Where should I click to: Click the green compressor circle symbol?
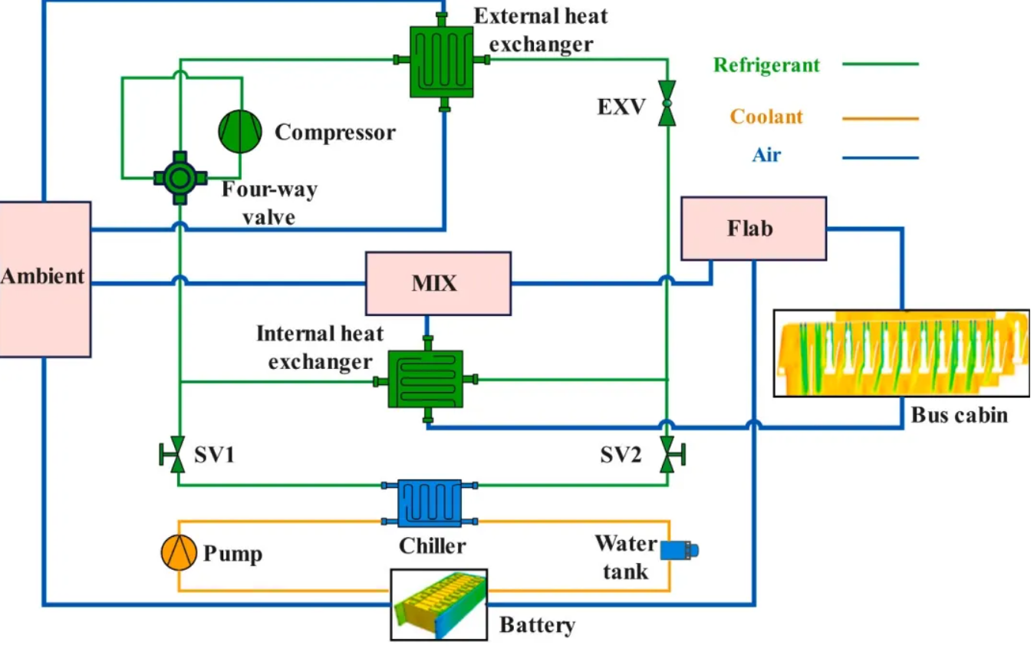pyautogui.click(x=240, y=131)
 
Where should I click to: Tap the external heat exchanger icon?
pyautogui.click(x=441, y=61)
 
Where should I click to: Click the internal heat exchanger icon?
pyautogui.click(x=426, y=380)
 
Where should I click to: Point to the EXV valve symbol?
pyautogui.click(x=667, y=104)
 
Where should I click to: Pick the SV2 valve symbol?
pyautogui.click(x=668, y=456)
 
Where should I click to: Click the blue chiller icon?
pyautogui.click(x=430, y=503)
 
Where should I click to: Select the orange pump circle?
pyautogui.click(x=179, y=552)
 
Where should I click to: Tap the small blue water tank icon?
pyautogui.click(x=679, y=549)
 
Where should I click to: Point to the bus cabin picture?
pyautogui.click(x=901, y=353)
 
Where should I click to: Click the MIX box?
pyautogui.click(x=438, y=283)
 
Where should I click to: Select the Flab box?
pyautogui.click(x=753, y=229)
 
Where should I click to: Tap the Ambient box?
pyautogui.click(x=44, y=278)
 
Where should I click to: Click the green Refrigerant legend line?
pyautogui.click(x=880, y=64)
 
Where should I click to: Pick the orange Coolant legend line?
pyautogui.click(x=880, y=118)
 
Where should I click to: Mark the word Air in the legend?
pyautogui.click(x=766, y=156)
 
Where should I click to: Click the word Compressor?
pyautogui.click(x=335, y=133)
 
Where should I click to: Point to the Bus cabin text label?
pyautogui.click(x=959, y=416)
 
